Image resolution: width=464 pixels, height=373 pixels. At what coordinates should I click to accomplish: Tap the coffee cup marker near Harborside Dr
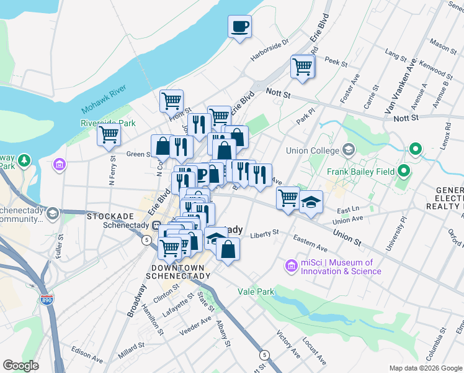pyautogui.click(x=239, y=27)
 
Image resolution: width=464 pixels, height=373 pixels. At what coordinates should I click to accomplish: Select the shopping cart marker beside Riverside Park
pyautogui.click(x=109, y=134)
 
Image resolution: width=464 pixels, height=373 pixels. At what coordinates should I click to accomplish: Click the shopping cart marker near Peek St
pyautogui.click(x=302, y=67)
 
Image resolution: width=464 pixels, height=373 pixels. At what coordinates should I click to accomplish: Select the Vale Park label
pyautogui.click(x=256, y=291)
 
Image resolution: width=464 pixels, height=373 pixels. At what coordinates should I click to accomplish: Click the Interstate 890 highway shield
pyautogui.click(x=47, y=300)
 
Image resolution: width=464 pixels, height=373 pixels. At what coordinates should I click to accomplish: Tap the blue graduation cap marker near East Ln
pyautogui.click(x=311, y=202)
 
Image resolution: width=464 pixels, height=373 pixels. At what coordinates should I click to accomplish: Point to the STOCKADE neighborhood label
pyautogui.click(x=111, y=216)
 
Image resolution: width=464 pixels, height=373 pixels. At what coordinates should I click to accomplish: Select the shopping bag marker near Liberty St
pyautogui.click(x=228, y=249)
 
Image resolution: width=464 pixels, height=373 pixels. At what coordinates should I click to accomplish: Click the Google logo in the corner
pyautogui.click(x=20, y=366)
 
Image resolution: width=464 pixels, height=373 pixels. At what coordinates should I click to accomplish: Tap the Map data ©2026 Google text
pyautogui.click(x=425, y=368)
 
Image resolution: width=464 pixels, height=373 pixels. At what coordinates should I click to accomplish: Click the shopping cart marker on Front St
pyautogui.click(x=171, y=100)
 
